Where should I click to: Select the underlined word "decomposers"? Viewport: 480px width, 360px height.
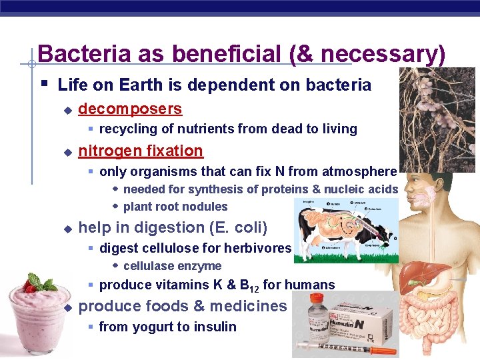[x=130, y=109]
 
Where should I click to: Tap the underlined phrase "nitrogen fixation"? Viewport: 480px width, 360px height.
[x=141, y=151]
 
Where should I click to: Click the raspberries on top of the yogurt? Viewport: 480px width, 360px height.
[x=31, y=287]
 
